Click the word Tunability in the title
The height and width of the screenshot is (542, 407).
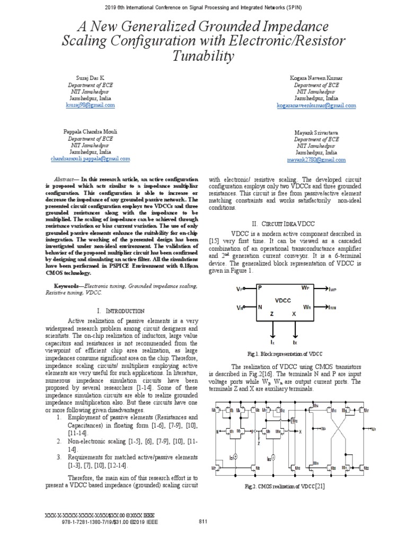coord(203,56)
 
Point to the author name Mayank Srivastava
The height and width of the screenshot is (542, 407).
coord(316,132)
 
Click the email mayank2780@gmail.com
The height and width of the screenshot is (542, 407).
coord(316,159)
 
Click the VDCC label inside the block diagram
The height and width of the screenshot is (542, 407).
coord(283,300)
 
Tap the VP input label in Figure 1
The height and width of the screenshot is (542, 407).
coord(240,289)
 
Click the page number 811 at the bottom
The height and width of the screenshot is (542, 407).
coord(202,522)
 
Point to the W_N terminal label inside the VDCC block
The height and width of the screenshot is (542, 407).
coord(306,307)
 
